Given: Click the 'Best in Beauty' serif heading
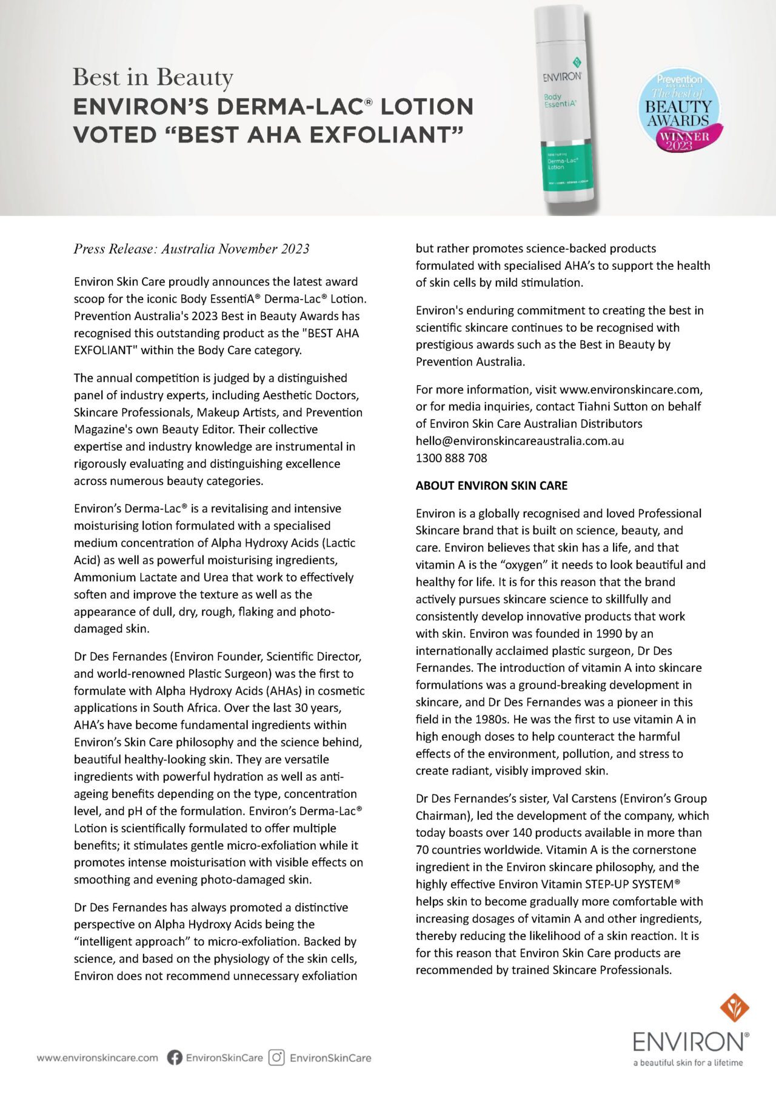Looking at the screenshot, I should (x=153, y=78).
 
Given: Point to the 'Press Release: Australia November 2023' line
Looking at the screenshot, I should (x=192, y=249).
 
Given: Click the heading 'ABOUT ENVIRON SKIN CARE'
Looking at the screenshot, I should (x=491, y=486).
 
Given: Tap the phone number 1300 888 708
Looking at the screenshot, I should (x=451, y=458).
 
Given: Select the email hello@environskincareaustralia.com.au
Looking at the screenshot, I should (x=520, y=441).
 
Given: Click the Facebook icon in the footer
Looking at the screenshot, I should (x=175, y=1058).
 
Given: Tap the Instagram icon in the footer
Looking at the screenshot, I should (x=277, y=1058).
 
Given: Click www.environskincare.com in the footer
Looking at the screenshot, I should (x=97, y=1058).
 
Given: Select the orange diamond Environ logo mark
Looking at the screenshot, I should (x=734, y=1008).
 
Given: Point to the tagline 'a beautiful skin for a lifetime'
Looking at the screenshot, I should (x=687, y=1063).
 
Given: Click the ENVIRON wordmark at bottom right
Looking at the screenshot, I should (x=690, y=1042).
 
